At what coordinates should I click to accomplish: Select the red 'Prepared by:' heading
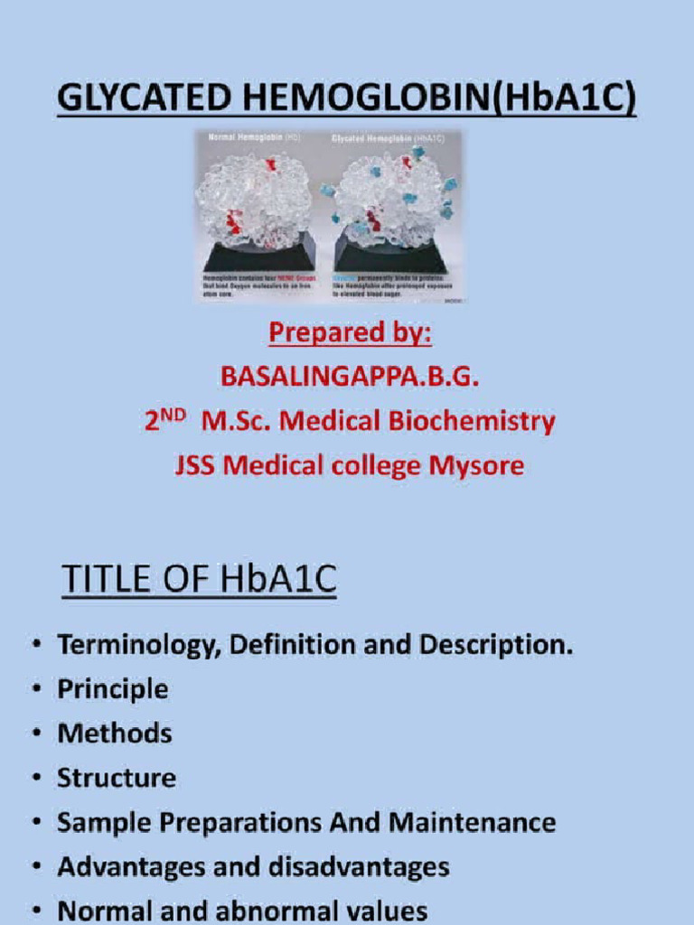[x=350, y=333]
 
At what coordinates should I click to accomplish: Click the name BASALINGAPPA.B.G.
[x=350, y=377]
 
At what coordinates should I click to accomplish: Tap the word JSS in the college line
[x=194, y=465]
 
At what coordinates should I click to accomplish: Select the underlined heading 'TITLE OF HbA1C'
[x=199, y=579]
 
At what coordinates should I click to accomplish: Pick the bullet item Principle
[x=113, y=690]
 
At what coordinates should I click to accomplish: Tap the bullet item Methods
[x=115, y=733]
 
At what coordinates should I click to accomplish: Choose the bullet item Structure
[x=117, y=778]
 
